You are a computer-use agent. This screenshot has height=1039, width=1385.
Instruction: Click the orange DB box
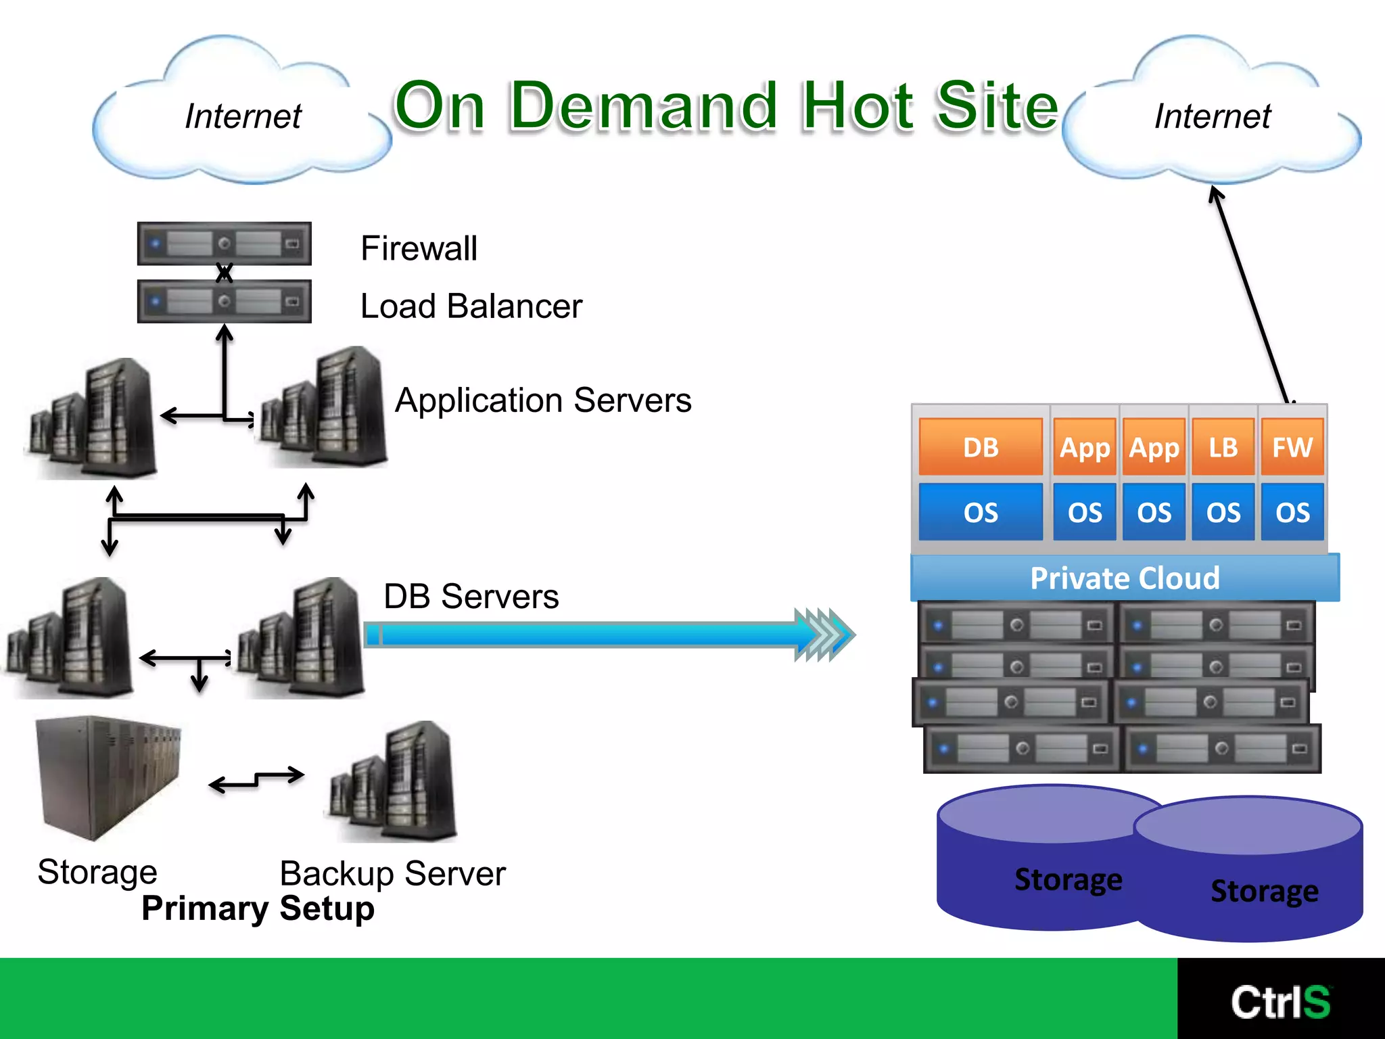[980, 447]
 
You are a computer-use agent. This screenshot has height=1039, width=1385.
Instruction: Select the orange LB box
[1223, 447]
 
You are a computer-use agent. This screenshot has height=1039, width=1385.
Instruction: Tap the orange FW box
[1292, 447]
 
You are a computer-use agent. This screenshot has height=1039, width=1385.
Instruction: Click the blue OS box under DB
[980, 512]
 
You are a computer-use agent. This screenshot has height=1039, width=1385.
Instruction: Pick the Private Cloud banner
[1124, 578]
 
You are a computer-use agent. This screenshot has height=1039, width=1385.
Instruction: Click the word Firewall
[419, 248]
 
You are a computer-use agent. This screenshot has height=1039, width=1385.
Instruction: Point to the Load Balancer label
[471, 306]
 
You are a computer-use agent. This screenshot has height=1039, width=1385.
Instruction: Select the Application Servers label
[543, 400]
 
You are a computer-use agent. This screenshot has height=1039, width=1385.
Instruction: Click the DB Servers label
[471, 597]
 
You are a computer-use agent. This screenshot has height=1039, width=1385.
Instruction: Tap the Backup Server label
[392, 873]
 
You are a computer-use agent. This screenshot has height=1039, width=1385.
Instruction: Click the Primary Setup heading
[258, 908]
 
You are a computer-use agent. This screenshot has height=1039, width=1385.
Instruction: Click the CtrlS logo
[1280, 1002]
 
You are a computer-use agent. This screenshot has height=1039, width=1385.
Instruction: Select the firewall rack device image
[224, 243]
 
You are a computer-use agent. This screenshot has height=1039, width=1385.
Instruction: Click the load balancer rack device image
[224, 301]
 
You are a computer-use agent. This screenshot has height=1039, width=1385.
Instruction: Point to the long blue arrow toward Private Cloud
[595, 635]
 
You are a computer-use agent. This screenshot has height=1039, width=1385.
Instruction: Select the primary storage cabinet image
[108, 778]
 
